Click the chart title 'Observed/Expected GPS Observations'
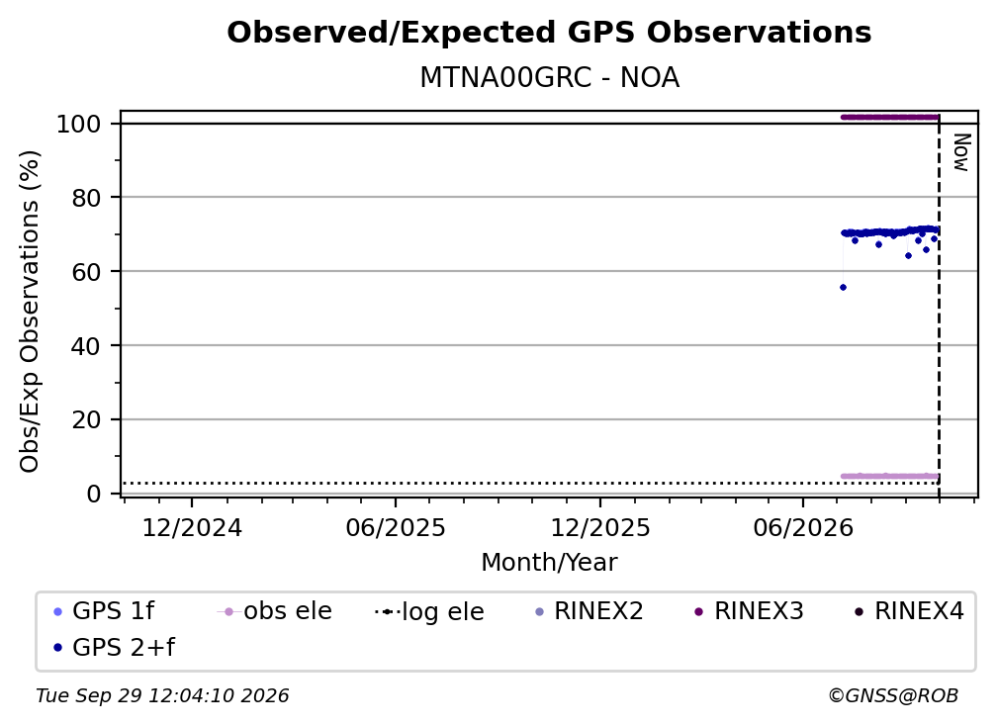(549, 33)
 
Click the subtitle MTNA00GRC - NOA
(549, 77)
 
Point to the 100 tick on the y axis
(79, 124)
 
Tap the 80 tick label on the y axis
(86, 198)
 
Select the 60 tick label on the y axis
(86, 271)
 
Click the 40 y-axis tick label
(86, 346)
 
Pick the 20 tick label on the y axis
(86, 419)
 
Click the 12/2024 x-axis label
(192, 528)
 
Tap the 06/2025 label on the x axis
(396, 528)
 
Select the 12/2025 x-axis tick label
(600, 528)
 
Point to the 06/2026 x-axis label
(803, 528)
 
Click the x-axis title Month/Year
(549, 562)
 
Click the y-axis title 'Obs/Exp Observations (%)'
(30, 312)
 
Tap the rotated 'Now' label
(961, 152)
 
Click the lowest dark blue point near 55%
(843, 288)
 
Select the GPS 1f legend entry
(104, 611)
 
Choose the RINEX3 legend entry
(749, 611)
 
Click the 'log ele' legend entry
(430, 611)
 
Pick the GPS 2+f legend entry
(115, 648)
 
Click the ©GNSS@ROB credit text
(893, 695)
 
